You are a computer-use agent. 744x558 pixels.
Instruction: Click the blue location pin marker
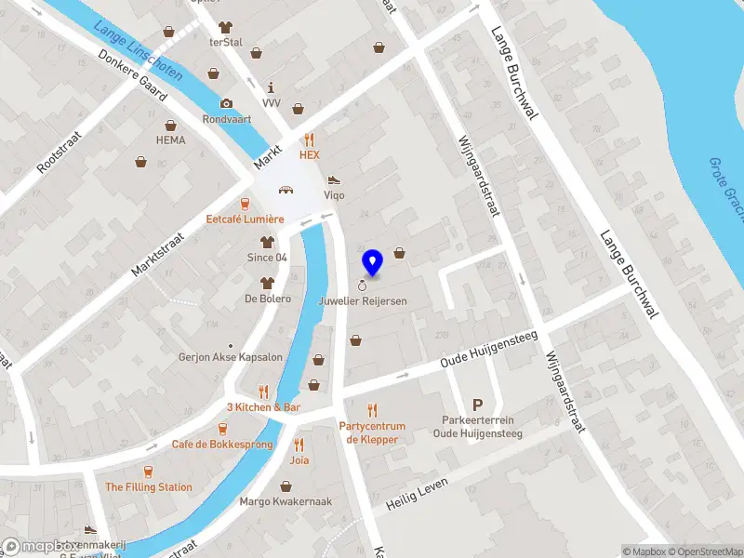click(373, 262)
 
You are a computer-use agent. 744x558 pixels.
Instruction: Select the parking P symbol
click(478, 405)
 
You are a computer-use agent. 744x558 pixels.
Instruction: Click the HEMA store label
click(170, 140)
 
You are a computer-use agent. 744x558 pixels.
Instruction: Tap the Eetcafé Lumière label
click(245, 219)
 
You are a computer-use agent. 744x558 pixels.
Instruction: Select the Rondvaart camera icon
click(226, 103)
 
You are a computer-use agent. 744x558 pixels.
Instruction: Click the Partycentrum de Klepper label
click(372, 432)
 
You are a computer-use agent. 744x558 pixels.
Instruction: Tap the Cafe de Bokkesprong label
click(222, 445)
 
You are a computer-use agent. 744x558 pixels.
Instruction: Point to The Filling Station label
click(149, 486)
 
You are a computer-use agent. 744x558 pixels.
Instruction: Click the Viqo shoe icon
click(333, 179)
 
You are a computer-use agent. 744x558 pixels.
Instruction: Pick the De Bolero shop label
click(268, 299)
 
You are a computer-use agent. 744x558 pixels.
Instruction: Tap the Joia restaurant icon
click(299, 444)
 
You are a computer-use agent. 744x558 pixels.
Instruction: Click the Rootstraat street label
click(60, 151)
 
